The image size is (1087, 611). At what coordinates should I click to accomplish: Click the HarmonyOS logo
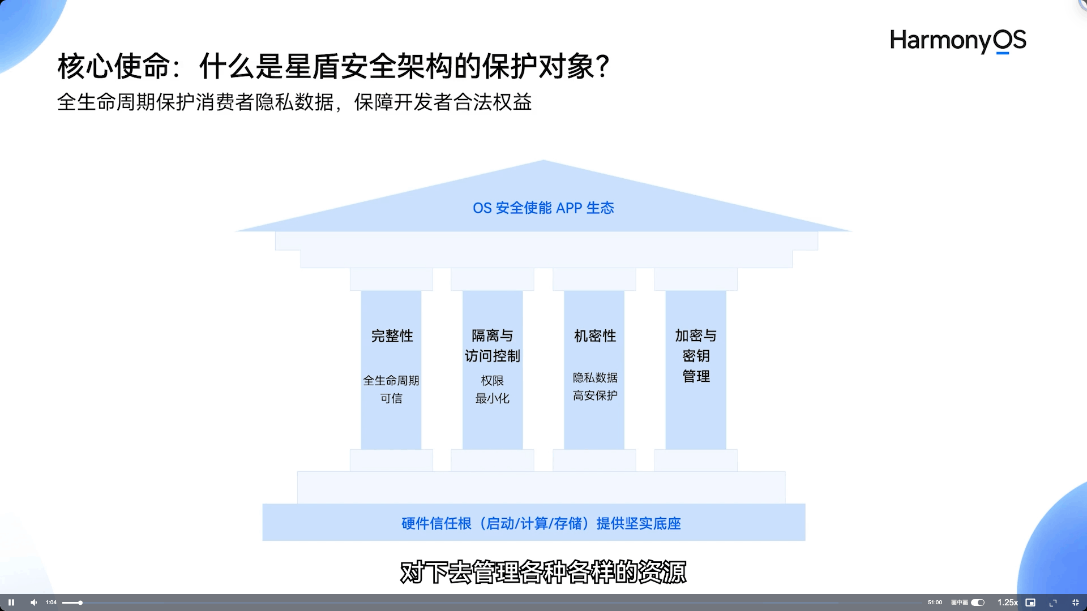[958, 41]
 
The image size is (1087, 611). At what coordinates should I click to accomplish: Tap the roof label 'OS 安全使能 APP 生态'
[543, 208]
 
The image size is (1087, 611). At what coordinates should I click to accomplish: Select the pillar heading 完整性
[392, 336]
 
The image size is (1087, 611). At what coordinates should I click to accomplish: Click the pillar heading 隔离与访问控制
[492, 346]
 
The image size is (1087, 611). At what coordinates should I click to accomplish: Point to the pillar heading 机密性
[594, 336]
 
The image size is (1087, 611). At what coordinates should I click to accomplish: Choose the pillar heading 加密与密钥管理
[696, 356]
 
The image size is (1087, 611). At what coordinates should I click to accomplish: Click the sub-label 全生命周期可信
[391, 389]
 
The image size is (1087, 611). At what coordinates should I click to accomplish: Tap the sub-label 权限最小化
[492, 389]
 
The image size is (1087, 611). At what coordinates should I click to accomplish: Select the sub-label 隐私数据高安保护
[594, 386]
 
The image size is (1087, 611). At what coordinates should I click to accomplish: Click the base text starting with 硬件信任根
[541, 523]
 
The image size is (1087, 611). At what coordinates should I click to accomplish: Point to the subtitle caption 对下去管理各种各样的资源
[543, 572]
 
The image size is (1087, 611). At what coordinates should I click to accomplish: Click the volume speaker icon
[33, 603]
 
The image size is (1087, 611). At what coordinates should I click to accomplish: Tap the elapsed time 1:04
[51, 603]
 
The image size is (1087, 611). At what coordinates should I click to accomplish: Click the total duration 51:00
[935, 603]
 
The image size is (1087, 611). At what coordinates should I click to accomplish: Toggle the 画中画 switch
[978, 603]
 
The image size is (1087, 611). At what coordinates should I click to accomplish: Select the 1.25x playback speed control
[1007, 603]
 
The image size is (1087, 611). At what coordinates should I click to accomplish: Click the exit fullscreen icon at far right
[1076, 603]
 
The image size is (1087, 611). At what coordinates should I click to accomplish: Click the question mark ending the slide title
[603, 67]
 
